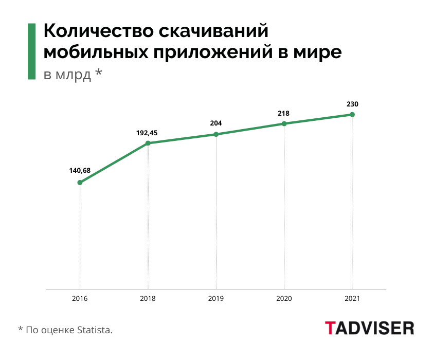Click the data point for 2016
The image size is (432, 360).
pyautogui.click(x=80, y=183)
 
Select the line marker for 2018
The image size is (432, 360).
pyautogui.click(x=148, y=143)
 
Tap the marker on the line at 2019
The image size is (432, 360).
pyautogui.click(x=216, y=134)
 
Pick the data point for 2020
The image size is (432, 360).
pyautogui.click(x=284, y=123)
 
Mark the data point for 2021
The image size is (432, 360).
pyautogui.click(x=352, y=114)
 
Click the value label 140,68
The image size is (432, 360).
pyautogui.click(x=80, y=170)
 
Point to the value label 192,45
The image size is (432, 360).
pyautogui.click(x=147, y=133)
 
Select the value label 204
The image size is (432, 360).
pyautogui.click(x=216, y=123)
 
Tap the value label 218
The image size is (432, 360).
pyautogui.click(x=284, y=113)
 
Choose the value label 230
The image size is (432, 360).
pyautogui.click(x=352, y=104)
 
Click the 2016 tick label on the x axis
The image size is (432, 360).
pyautogui.click(x=80, y=298)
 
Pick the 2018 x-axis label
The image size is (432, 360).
pyautogui.click(x=148, y=298)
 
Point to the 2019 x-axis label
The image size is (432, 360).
pyautogui.click(x=216, y=298)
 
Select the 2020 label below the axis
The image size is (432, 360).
pyautogui.click(x=284, y=298)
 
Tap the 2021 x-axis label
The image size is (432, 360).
pyautogui.click(x=352, y=298)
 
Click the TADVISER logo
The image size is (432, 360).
pyautogui.click(x=369, y=328)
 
